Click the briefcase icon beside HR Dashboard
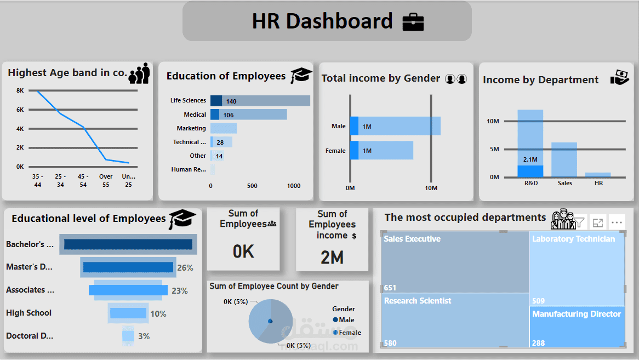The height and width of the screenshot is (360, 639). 413,22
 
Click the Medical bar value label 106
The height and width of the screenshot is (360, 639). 229,115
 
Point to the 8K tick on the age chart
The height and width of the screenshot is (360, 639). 20,91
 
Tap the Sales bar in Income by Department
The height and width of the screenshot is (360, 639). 564,159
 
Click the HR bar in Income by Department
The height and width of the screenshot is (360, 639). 598,175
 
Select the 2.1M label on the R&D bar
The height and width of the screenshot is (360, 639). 530,159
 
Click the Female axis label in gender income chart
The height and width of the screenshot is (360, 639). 335,151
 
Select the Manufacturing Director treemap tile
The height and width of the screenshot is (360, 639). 577,327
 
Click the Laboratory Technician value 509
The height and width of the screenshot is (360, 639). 538,300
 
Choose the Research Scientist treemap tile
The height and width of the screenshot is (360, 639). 455,321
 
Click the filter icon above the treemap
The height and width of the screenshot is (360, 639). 579,222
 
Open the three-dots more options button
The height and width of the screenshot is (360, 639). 617,222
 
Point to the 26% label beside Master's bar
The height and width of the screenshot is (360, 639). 185,268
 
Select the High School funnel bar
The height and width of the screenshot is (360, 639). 128,313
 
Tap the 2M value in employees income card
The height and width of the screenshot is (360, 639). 332,257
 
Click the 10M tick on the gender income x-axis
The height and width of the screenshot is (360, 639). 431,188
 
